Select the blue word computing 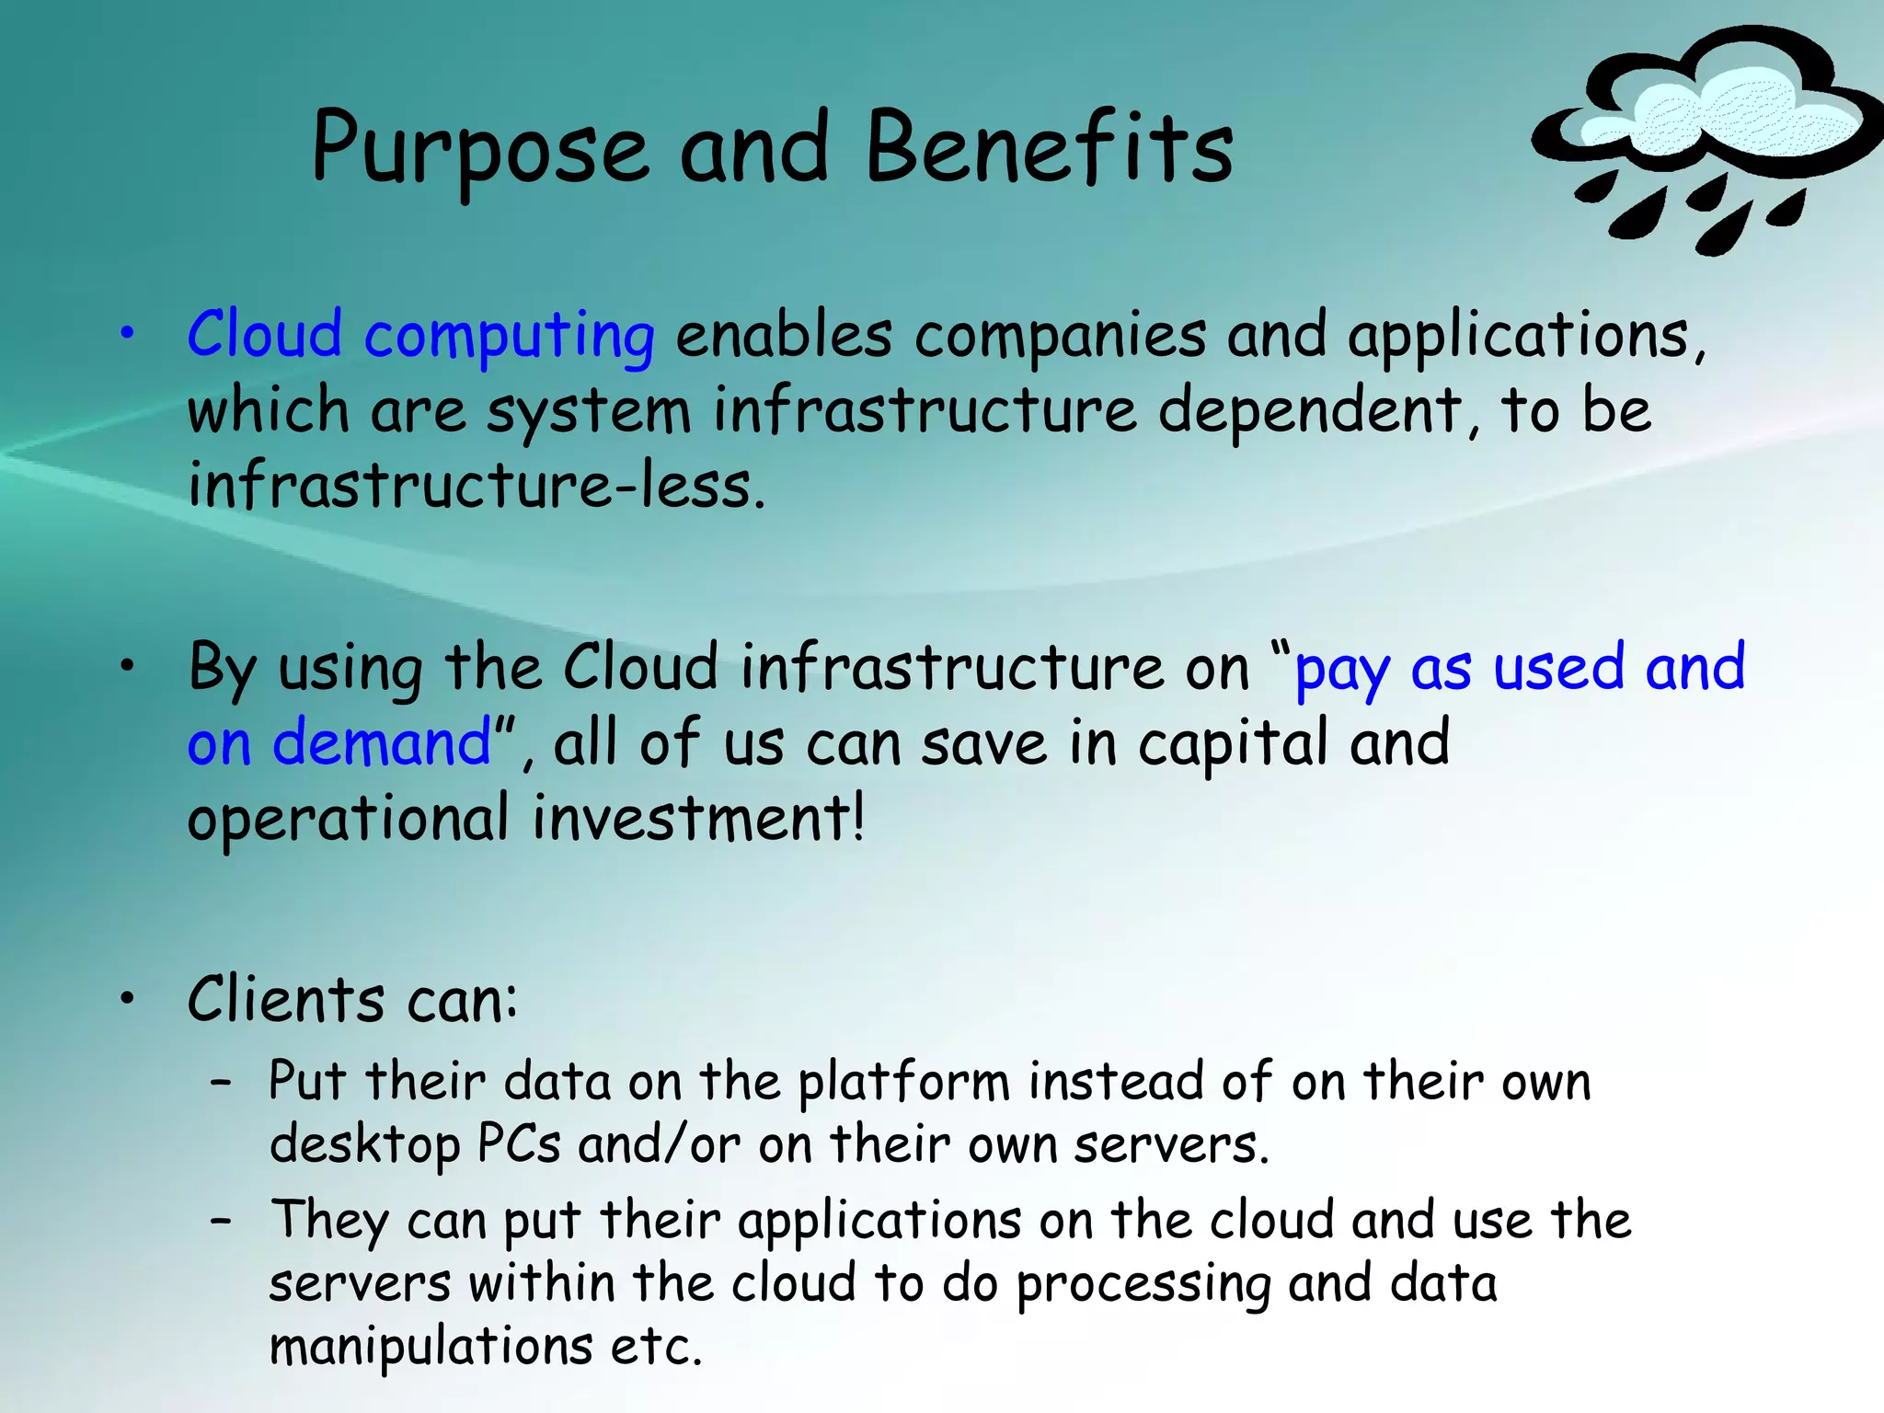click(x=510, y=337)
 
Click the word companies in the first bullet click(x=1060, y=335)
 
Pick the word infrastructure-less click(x=475, y=486)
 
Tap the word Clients click(x=285, y=999)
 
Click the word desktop click(x=364, y=1146)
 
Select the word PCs click(x=519, y=1144)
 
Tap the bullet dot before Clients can click(x=128, y=999)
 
